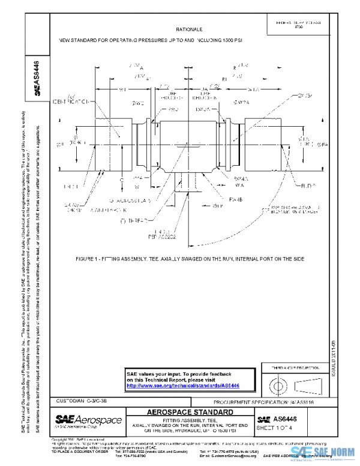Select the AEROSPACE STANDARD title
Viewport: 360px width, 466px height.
coord(190,413)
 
